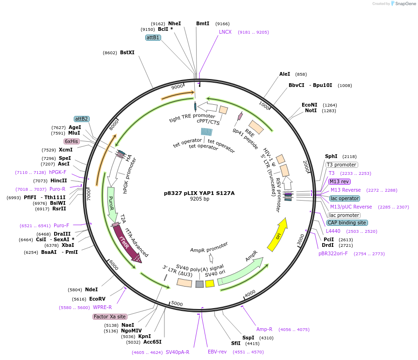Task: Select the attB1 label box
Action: [153, 37]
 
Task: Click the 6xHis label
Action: [71, 141]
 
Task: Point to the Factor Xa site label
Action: [110, 317]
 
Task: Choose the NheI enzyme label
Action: [174, 23]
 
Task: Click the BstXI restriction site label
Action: [127, 52]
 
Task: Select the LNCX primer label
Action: [225, 32]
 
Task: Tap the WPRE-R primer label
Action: [102, 307]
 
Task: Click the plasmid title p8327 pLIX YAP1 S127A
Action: [199, 193]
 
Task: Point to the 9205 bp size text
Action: [199, 199]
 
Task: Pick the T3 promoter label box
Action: [342, 165]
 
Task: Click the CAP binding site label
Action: [347, 223]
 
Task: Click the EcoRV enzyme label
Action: [97, 299]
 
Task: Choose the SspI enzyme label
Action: [248, 338]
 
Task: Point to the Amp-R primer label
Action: [264, 329]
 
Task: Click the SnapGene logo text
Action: [404, 4]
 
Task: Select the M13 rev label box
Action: [339, 181]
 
